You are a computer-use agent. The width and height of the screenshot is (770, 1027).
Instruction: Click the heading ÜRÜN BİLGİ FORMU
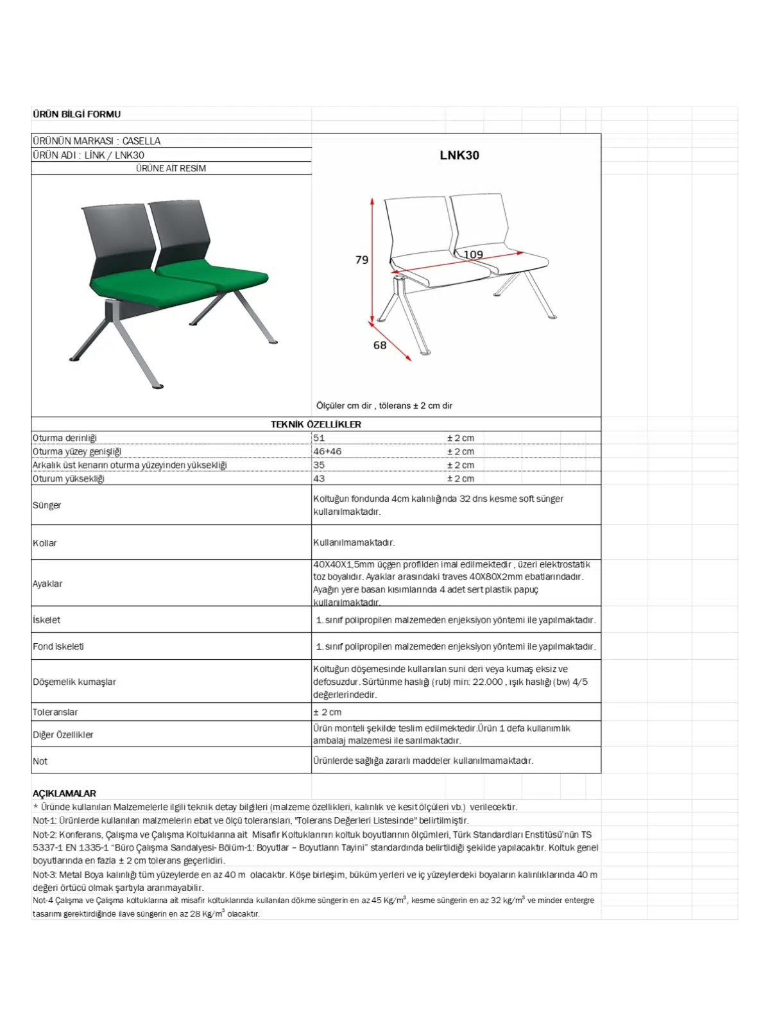pyautogui.click(x=76, y=114)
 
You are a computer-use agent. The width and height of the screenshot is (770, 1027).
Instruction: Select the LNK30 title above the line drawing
pyautogui.click(x=459, y=155)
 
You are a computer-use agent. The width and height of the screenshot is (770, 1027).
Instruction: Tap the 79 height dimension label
pyautogui.click(x=362, y=260)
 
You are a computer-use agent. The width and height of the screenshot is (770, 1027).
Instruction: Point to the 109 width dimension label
pyautogui.click(x=473, y=255)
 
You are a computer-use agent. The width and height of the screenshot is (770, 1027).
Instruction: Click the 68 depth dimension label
pyautogui.click(x=380, y=345)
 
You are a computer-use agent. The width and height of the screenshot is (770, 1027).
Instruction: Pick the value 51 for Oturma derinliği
pyautogui.click(x=319, y=438)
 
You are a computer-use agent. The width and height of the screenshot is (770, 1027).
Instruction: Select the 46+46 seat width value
pyautogui.click(x=327, y=451)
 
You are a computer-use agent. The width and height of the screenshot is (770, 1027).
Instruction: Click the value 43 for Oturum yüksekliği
pyautogui.click(x=319, y=478)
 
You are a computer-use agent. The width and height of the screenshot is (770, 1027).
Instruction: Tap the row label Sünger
pyautogui.click(x=47, y=505)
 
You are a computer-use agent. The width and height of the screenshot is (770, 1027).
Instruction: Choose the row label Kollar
pyautogui.click(x=45, y=543)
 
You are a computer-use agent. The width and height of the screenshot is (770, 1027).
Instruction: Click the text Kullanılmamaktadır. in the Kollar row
pyautogui.click(x=354, y=542)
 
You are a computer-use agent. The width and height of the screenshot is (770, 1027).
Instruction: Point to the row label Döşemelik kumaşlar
pyautogui.click(x=74, y=682)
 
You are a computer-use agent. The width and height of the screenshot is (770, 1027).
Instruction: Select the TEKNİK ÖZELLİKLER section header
pyautogui.click(x=316, y=424)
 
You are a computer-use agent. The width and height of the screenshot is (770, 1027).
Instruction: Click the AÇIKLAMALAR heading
pyautogui.click(x=64, y=793)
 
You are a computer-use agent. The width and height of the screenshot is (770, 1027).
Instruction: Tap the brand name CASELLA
pyautogui.click(x=141, y=141)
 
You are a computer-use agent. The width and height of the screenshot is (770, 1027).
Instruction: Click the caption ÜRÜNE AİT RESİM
pyautogui.click(x=171, y=168)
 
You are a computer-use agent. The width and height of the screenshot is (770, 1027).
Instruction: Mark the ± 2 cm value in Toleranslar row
pyautogui.click(x=327, y=712)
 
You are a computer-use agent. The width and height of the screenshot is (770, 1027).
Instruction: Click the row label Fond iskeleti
pyautogui.click(x=58, y=646)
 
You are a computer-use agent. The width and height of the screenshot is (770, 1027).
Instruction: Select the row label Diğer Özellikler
pyautogui.click(x=63, y=734)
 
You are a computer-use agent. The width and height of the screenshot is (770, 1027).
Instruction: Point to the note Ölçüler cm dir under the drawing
pyautogui.click(x=344, y=406)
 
